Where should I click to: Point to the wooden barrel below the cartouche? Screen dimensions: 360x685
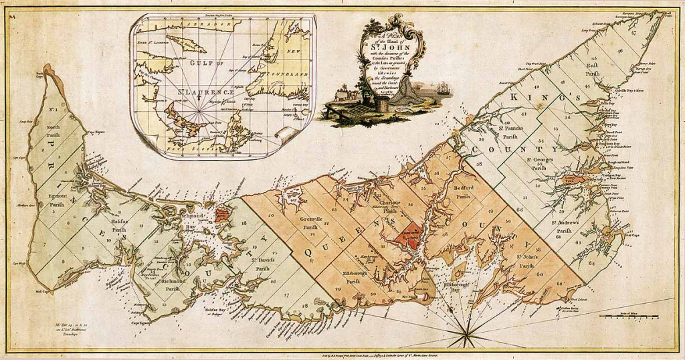point(381,104)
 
